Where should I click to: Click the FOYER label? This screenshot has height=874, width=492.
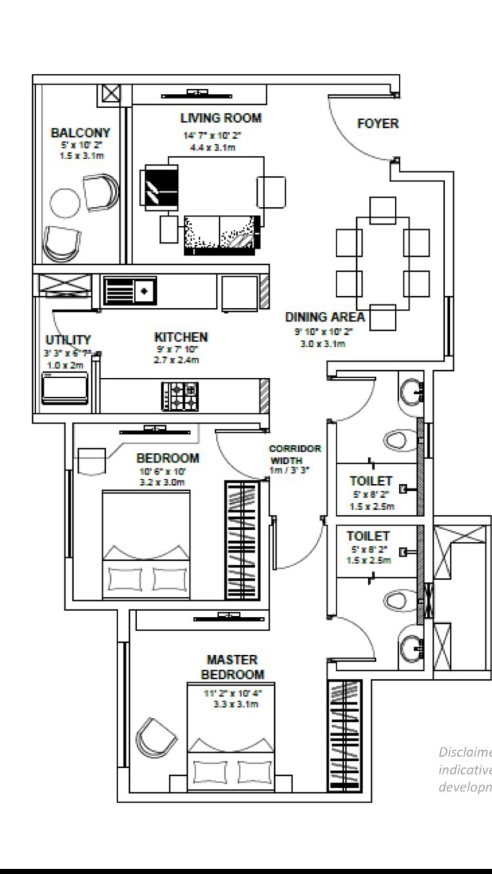377,123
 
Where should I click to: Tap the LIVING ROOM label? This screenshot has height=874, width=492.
220,119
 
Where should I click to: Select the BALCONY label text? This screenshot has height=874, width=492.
81,132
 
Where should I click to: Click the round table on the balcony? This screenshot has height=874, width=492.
64,202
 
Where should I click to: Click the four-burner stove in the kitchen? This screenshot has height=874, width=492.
180,396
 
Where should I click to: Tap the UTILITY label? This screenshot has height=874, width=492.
68,339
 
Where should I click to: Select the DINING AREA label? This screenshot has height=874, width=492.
325,317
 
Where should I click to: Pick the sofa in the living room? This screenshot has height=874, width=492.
222,233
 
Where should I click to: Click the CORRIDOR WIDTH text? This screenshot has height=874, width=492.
295,455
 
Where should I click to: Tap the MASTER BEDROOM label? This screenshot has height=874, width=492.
232,666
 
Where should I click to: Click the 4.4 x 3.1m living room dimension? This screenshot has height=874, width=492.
213,147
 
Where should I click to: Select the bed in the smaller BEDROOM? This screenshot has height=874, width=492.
146,543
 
